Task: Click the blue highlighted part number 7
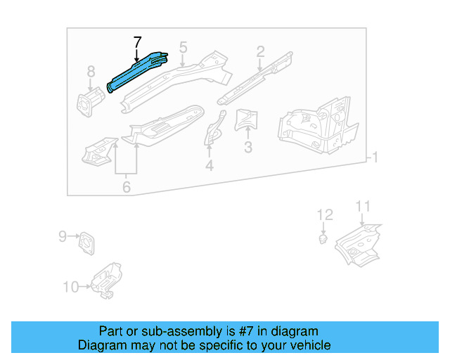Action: [x=138, y=72]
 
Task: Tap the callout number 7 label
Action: [x=137, y=42]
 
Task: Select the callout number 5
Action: [x=183, y=47]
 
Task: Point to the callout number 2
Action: [x=260, y=51]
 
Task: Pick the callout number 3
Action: [x=247, y=147]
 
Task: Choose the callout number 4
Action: [x=209, y=165]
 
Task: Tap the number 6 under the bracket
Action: [x=126, y=187]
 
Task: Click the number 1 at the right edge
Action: [x=375, y=157]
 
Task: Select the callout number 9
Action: [x=62, y=237]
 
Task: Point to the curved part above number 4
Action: [x=213, y=129]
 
